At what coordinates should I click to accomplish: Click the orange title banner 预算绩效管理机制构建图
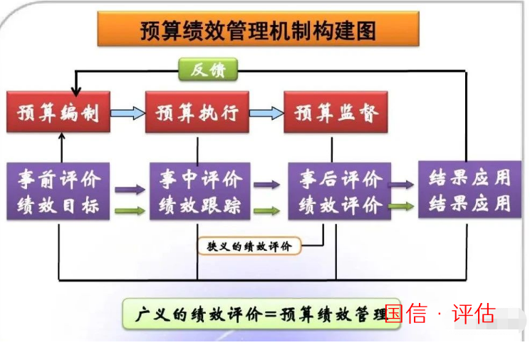(259, 29)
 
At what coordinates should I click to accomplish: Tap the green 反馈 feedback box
(208, 70)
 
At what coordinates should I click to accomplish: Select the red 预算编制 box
(58, 112)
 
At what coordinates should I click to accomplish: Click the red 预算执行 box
(197, 112)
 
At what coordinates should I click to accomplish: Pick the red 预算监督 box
(336, 112)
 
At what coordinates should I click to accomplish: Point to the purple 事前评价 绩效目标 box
(58, 192)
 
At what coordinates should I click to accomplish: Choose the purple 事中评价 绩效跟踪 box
(200, 192)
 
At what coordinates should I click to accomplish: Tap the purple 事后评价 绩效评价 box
(339, 192)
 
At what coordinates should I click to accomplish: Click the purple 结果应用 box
(470, 190)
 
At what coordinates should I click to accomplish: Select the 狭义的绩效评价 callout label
(249, 246)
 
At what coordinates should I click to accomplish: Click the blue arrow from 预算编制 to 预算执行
(128, 113)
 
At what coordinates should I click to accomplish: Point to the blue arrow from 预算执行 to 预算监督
(266, 113)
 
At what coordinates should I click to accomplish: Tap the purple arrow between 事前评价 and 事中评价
(130, 190)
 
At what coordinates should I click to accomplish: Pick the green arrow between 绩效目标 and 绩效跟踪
(130, 211)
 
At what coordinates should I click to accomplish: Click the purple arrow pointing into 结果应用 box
(401, 185)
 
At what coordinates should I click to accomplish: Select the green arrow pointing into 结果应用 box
(401, 206)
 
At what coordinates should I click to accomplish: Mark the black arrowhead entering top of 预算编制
(76, 91)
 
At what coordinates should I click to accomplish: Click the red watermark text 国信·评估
(440, 314)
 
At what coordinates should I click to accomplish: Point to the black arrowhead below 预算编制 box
(61, 136)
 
